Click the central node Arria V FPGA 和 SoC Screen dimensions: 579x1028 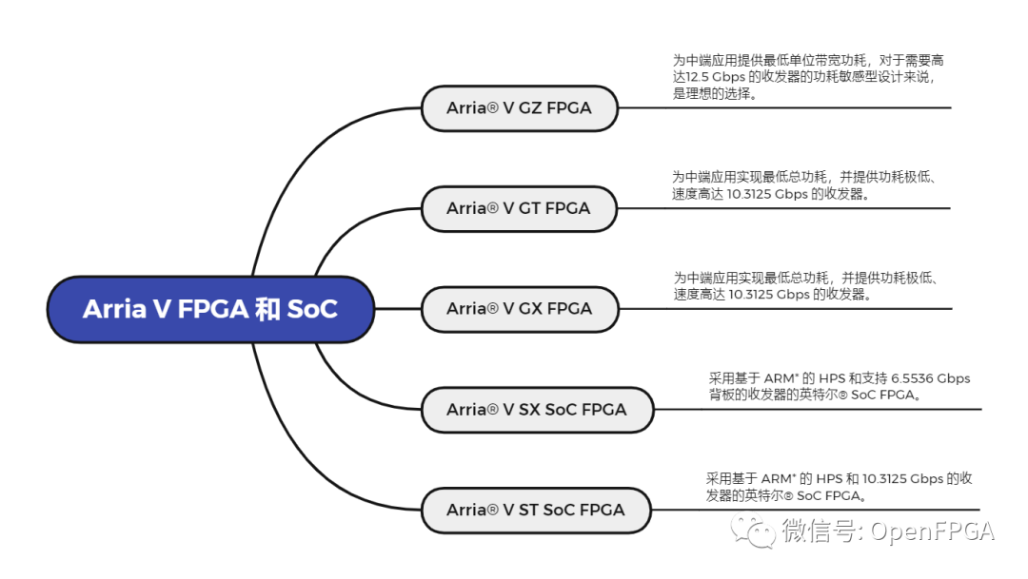click(209, 309)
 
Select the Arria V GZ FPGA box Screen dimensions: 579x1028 click(519, 108)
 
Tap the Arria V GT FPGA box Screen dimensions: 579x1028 click(519, 208)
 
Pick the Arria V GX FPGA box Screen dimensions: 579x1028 click(519, 309)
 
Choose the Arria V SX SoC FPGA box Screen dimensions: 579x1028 click(537, 410)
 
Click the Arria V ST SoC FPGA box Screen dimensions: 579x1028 click(536, 511)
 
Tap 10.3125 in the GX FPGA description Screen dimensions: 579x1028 click(754, 295)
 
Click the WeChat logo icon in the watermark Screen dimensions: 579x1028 click(760, 531)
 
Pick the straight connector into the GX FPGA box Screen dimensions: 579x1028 click(398, 309)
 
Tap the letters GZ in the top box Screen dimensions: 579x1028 click(530, 108)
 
